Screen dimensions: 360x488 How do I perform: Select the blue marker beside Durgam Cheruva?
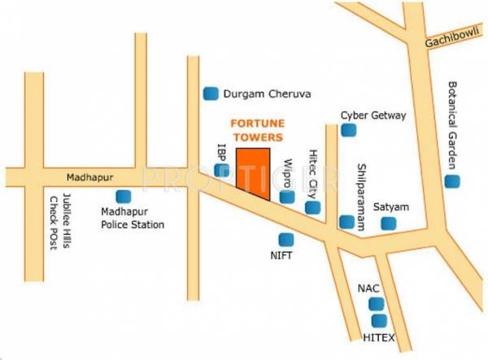click(210, 93)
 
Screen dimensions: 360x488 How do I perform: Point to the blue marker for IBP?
click(222, 170)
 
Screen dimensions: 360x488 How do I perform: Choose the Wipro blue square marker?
click(286, 197)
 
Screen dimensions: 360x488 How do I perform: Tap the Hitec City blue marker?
click(312, 207)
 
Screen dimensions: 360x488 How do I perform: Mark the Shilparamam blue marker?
click(347, 221)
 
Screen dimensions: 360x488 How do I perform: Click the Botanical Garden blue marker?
click(451, 180)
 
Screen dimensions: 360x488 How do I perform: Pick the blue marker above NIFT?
click(285, 240)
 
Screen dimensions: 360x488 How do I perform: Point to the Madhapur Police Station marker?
click(124, 196)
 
